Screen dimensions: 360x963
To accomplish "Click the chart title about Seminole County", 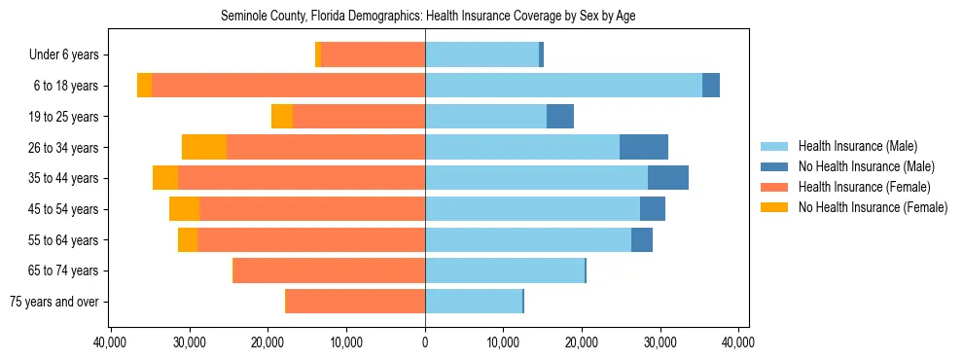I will click(428, 17).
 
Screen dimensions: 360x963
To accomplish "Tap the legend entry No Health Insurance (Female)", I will click(872, 207).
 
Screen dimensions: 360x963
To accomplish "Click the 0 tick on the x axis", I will click(425, 342).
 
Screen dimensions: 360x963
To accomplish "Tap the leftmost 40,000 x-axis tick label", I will click(111, 342).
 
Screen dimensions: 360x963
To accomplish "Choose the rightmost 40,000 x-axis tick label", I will click(738, 342).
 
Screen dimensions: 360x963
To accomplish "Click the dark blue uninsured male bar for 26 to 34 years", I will click(644, 147).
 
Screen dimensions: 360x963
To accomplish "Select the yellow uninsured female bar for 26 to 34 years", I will click(204, 147).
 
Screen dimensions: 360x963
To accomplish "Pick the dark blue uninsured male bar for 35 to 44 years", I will click(668, 178).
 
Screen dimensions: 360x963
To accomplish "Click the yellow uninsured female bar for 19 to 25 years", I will click(282, 117).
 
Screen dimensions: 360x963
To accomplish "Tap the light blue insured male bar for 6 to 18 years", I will click(563, 86).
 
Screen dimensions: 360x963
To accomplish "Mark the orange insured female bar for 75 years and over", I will click(355, 302).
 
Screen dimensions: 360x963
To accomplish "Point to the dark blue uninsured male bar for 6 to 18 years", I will click(711, 86).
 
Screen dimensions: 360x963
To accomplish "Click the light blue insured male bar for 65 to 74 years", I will click(505, 270).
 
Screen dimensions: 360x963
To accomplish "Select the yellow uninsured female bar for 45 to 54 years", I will click(184, 209).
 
